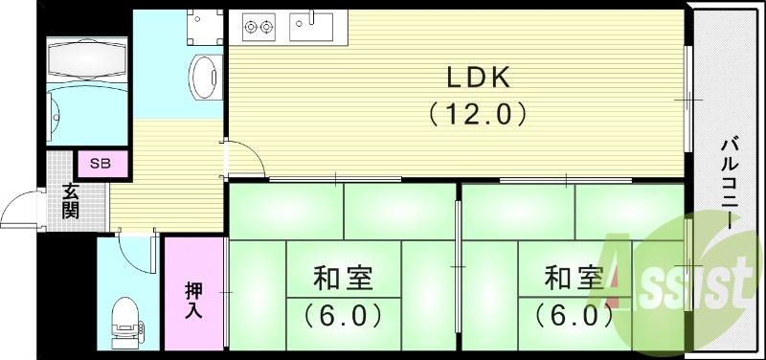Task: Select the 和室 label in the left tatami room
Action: pyautogui.click(x=342, y=279)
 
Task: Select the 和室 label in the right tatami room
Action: pyautogui.click(x=574, y=279)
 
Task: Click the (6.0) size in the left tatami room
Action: pyautogui.click(x=343, y=313)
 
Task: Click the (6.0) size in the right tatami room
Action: pyautogui.click(x=574, y=313)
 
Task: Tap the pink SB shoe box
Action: pyautogui.click(x=101, y=163)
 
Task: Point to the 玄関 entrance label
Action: pyautogui.click(x=71, y=200)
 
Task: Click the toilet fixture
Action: pyautogui.click(x=124, y=322)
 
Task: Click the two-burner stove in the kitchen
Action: pyautogui.click(x=258, y=25)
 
